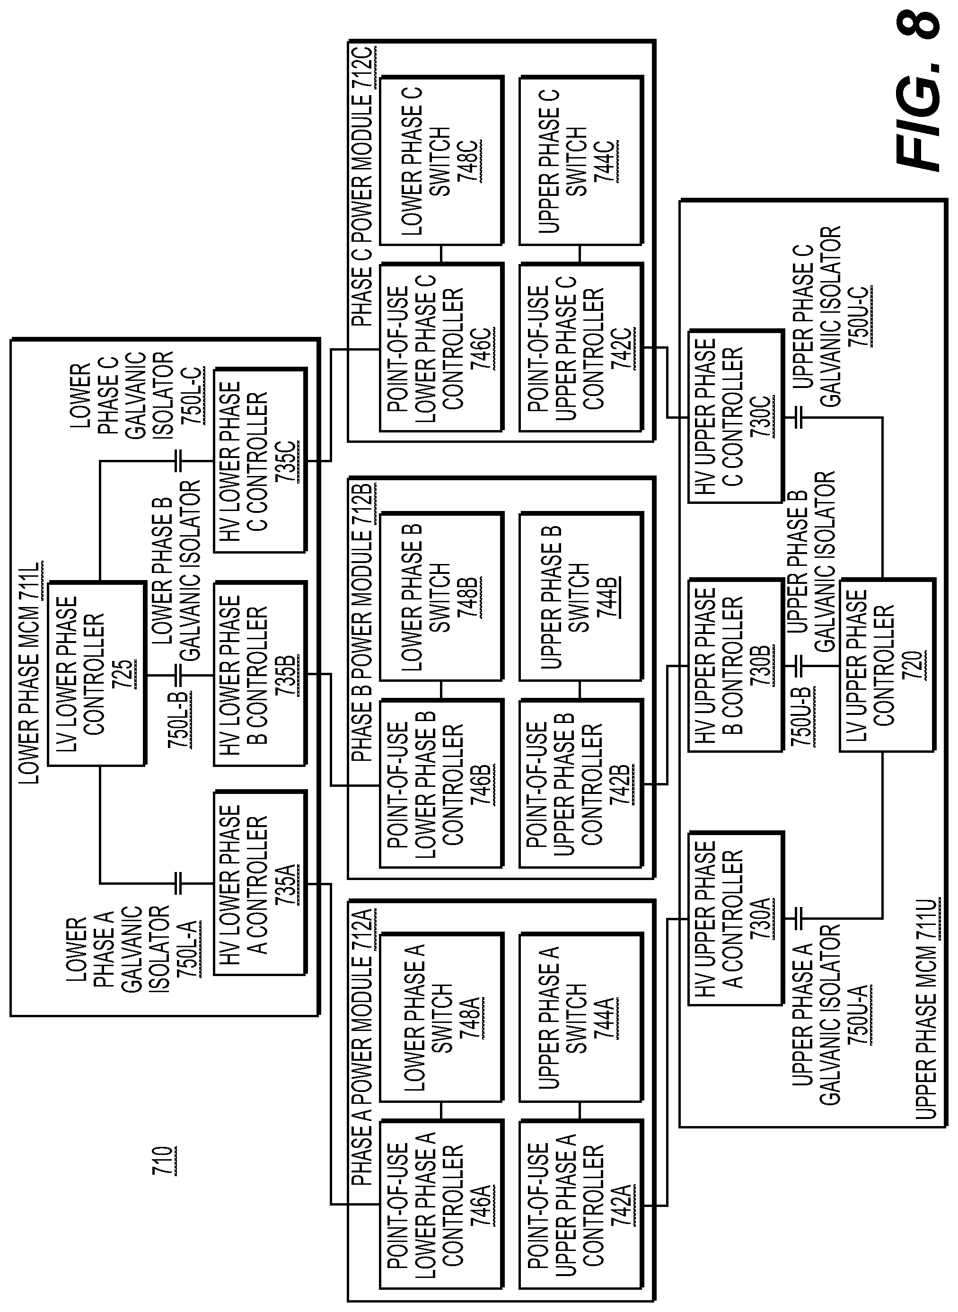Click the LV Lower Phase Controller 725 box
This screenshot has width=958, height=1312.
[x=96, y=675]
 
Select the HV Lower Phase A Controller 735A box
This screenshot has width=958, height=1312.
[x=260, y=884]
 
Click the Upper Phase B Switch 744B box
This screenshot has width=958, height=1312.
[x=580, y=596]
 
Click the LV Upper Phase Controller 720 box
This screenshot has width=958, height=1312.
[x=887, y=665]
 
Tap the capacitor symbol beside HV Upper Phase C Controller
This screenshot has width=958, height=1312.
[x=799, y=417]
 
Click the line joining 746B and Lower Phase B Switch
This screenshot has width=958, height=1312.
[x=441, y=690]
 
